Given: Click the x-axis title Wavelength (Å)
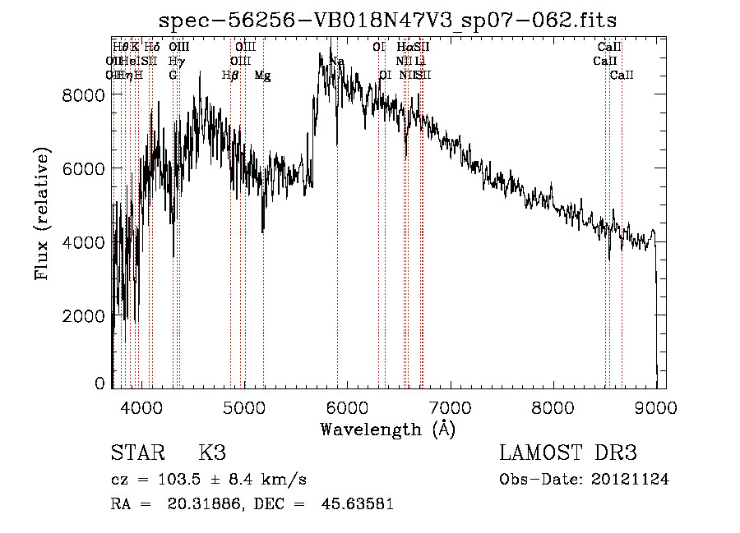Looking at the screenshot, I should click(387, 429).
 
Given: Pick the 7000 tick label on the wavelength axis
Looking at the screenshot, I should click(451, 406).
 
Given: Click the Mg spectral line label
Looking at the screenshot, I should click(262, 76).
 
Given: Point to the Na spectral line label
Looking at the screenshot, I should click(337, 62).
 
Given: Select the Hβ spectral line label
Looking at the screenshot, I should click(230, 76).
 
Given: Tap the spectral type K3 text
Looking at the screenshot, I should click(212, 453).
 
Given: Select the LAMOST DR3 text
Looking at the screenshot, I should click(568, 453).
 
